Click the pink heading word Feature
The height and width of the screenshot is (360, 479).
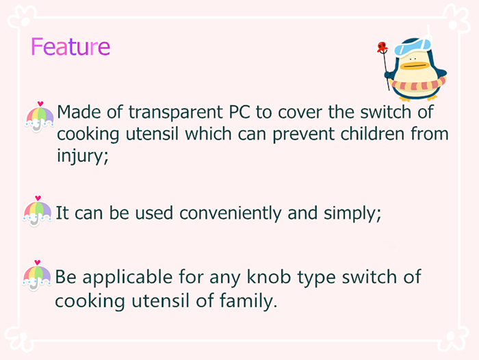tap(70, 47)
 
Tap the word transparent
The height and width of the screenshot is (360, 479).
tap(175, 112)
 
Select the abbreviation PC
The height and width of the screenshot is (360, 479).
tap(239, 112)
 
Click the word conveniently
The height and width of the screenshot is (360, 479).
tap(231, 213)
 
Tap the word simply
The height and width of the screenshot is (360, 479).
tap(352, 213)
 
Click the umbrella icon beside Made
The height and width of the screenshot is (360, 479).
tap(40, 117)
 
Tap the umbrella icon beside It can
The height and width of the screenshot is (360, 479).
tap(37, 211)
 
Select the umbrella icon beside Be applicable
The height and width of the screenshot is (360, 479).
tap(37, 275)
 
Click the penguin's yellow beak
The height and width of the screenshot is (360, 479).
tap(415, 66)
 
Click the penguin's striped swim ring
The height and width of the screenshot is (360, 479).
tap(419, 84)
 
